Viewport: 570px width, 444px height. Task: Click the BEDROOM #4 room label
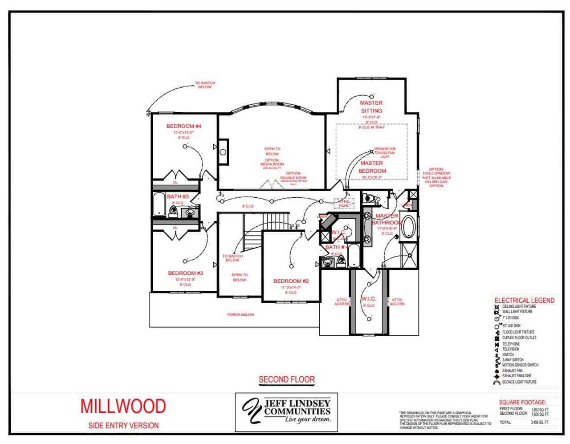(183, 126)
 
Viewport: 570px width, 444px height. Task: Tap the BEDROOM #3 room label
(185, 273)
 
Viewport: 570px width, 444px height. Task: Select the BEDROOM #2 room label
(291, 281)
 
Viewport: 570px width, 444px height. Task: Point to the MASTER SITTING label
(371, 107)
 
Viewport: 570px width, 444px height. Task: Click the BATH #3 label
(178, 196)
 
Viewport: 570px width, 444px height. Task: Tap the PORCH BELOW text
(240, 314)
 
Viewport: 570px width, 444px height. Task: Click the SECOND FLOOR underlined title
(287, 379)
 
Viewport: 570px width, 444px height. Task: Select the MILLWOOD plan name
(123, 406)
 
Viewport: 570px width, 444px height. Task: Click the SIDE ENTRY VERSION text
(123, 425)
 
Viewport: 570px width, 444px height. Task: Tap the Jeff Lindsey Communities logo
(286, 412)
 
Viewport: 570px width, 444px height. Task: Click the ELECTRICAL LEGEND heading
(524, 301)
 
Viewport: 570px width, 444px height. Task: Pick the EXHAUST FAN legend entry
(512, 371)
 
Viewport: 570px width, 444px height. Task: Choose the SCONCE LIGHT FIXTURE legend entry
(519, 382)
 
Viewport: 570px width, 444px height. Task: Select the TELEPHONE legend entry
(511, 344)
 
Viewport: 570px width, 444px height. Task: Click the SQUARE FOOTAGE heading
(522, 402)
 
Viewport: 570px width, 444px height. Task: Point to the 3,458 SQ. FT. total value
(540, 422)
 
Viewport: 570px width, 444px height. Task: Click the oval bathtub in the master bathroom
(408, 228)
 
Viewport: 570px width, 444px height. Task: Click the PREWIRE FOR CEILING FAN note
(384, 153)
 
